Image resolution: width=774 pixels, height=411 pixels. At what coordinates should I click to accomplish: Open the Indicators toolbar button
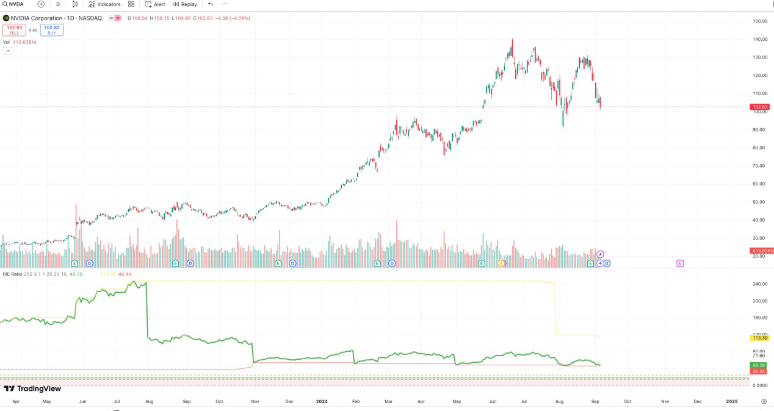click(104, 4)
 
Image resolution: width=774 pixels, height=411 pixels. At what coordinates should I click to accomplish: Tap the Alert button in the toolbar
click(155, 4)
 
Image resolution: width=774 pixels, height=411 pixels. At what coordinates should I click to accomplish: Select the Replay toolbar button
click(185, 4)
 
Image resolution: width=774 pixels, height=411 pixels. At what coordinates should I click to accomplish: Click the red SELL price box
click(14, 30)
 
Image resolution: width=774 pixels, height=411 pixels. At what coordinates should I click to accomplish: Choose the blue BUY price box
click(52, 30)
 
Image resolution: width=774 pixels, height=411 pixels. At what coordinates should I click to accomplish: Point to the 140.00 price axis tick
click(760, 40)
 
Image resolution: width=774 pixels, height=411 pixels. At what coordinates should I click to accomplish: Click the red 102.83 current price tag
click(760, 107)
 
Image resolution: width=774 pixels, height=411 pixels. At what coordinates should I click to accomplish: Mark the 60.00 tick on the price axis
click(759, 184)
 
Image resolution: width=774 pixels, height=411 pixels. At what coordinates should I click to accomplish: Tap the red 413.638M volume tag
click(761, 251)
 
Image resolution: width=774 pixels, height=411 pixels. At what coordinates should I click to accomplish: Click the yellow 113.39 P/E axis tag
click(760, 338)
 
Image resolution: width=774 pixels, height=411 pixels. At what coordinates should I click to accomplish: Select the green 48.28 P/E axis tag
click(759, 365)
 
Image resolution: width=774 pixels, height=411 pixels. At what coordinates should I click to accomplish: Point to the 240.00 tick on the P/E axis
click(760, 284)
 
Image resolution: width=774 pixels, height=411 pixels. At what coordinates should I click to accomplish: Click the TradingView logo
click(32, 389)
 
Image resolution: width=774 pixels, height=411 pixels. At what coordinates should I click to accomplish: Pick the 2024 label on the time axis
click(322, 402)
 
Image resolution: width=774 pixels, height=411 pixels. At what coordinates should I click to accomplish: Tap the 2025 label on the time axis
click(731, 402)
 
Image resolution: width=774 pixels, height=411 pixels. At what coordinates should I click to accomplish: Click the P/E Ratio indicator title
click(12, 274)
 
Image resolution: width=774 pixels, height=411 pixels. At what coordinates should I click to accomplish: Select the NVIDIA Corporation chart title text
click(56, 18)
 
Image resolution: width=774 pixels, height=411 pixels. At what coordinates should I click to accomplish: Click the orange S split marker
click(502, 263)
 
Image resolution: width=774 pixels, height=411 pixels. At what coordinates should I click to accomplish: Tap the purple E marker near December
click(680, 263)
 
